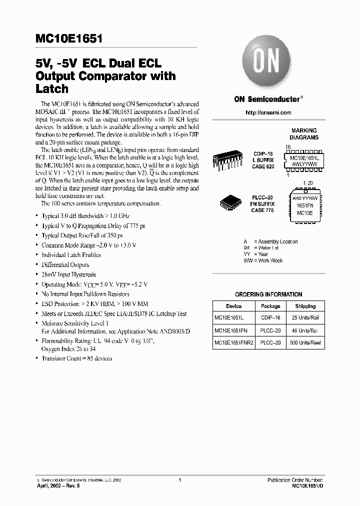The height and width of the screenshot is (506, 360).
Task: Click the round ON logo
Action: pos(267,62)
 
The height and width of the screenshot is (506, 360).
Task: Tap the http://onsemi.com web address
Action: pos(268,112)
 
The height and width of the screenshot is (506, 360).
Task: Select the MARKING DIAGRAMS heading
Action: pos(304,134)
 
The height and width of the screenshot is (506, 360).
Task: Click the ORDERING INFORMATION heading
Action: pos(268,294)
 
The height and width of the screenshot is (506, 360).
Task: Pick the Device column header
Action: pos(233,306)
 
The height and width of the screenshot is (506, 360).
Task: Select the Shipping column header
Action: pos(305,306)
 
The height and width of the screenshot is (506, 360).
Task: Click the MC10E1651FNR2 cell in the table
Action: pos(233,343)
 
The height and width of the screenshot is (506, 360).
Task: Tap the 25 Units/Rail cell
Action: pos(305,318)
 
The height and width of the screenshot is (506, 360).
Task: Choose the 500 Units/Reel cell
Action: pos(305,343)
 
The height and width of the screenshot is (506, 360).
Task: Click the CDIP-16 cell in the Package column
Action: pos(270,318)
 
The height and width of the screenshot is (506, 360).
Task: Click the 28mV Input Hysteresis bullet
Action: pos(68,274)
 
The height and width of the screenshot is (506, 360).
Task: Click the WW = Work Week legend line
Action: pos(263,260)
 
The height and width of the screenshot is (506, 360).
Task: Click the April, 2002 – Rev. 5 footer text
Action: pos(62,485)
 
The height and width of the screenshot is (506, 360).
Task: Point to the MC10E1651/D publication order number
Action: pos(308,485)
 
